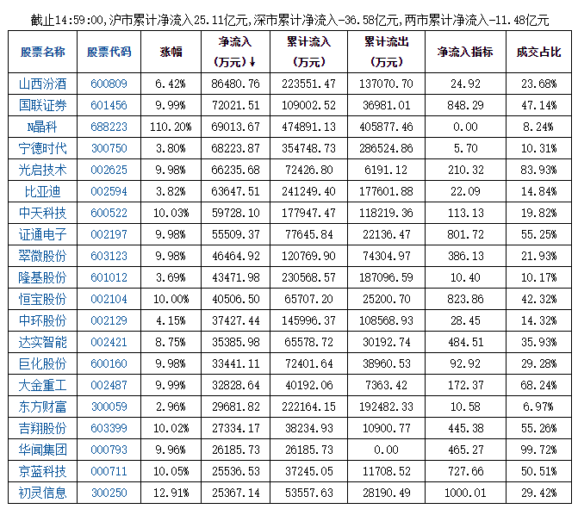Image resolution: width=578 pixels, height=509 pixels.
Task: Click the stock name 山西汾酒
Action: pyautogui.click(x=42, y=84)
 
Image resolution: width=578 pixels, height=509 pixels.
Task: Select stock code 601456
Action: pyautogui.click(x=109, y=105)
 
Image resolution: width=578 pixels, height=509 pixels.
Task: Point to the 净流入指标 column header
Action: pyautogui.click(x=465, y=52)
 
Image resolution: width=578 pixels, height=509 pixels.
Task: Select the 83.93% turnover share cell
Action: pyautogui.click(x=538, y=170)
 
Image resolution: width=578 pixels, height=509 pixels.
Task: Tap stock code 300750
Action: pyautogui.click(x=109, y=148)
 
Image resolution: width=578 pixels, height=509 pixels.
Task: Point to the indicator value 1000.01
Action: pyautogui.click(x=465, y=493)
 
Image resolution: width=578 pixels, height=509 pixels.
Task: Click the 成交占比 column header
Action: pyautogui.click(x=538, y=52)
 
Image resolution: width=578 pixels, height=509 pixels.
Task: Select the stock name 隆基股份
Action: pyautogui.click(x=42, y=277)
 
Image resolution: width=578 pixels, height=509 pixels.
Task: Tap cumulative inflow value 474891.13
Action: pyautogui.click(x=308, y=127)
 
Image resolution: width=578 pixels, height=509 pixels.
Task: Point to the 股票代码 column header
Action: pyautogui.click(x=109, y=52)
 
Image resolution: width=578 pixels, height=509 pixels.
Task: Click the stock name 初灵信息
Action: pyautogui.click(x=42, y=493)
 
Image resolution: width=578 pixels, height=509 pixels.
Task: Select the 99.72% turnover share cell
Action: pyautogui.click(x=538, y=450)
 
